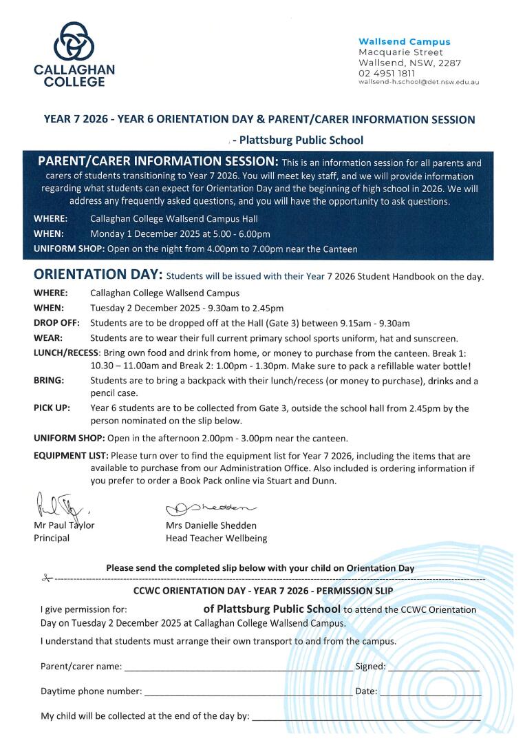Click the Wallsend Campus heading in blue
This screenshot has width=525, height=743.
pos(405,42)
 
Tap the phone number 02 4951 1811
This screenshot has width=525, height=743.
pos(387,73)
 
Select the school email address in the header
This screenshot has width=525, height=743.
pos(418,82)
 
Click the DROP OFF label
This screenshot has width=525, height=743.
pos(56,323)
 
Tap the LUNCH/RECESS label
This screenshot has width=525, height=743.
pos(66,353)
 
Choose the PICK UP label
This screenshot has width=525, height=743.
pos(52,408)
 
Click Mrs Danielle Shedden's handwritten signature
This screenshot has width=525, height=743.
pos(210,508)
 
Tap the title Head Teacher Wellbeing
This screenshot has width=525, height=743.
pos(216,538)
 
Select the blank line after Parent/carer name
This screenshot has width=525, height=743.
pos(238,668)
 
